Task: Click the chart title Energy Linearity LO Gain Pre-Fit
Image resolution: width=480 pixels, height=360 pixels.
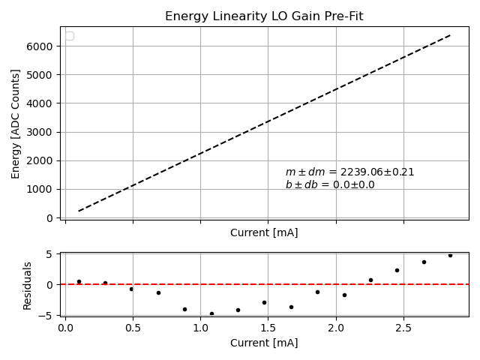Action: tap(264, 16)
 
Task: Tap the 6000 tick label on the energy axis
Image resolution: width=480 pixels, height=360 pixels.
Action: tap(42, 46)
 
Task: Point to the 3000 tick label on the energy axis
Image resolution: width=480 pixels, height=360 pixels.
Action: tap(42, 132)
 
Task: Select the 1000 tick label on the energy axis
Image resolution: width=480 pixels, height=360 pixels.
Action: tap(42, 189)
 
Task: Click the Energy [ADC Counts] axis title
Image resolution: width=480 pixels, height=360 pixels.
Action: tap(16, 124)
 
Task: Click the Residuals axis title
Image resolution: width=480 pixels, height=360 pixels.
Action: tap(28, 285)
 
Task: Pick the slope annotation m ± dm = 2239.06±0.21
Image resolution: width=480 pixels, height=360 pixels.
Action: tap(349, 172)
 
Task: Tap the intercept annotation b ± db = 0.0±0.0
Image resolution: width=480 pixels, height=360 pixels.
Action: tap(330, 184)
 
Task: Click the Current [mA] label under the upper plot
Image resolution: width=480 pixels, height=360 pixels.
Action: tap(264, 232)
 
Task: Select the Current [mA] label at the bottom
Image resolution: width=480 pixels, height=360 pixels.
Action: tap(264, 343)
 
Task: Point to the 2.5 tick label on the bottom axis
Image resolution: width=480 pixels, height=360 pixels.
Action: tap(403, 328)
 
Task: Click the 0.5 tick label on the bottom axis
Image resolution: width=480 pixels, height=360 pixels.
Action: tap(133, 328)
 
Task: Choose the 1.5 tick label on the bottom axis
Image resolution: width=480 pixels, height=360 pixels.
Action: tap(268, 328)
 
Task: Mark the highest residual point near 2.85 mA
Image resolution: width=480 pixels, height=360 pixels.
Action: tap(450, 255)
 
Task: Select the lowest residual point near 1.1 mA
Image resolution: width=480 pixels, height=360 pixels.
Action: tap(211, 313)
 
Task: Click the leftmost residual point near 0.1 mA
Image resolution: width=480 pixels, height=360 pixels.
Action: tap(79, 281)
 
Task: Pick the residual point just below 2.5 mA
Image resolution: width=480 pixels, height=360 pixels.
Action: tap(397, 270)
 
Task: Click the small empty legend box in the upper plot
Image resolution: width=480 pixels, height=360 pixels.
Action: tap(70, 36)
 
